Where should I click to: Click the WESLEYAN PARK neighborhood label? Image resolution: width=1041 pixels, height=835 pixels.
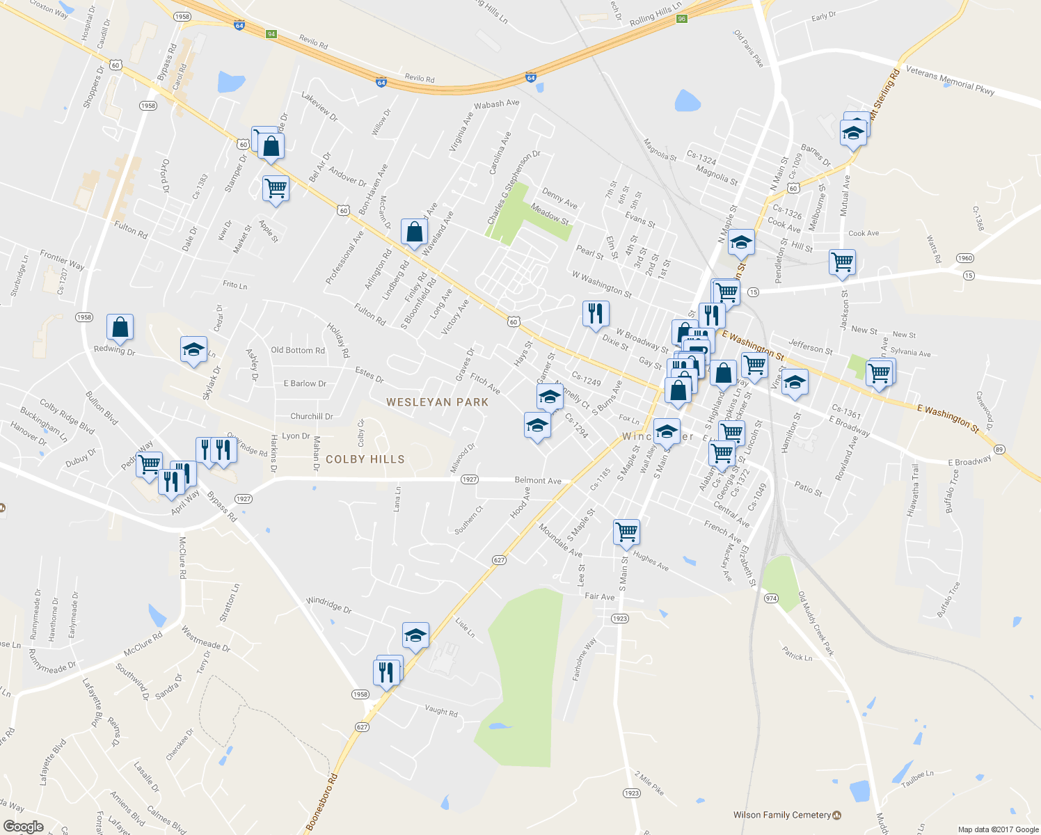click(437, 402)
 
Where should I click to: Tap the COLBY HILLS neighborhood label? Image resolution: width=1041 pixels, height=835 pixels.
click(365, 459)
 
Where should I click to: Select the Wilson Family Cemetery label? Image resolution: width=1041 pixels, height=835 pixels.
click(782, 815)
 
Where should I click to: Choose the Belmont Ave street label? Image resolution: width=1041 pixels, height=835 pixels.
click(538, 480)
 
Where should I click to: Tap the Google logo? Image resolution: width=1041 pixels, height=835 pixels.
click(24, 827)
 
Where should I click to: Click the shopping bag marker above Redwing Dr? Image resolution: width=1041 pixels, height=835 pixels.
click(120, 327)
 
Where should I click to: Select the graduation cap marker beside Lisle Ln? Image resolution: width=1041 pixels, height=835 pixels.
click(415, 635)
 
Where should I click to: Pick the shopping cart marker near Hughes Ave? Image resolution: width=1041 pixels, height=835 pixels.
click(626, 532)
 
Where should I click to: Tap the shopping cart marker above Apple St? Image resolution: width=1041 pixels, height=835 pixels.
click(276, 188)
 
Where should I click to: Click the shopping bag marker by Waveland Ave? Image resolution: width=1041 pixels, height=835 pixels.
click(414, 232)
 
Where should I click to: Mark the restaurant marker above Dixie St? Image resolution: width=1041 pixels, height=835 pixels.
click(595, 314)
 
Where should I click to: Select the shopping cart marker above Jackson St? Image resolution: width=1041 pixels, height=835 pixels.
click(842, 262)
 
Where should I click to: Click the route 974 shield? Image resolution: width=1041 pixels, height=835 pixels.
click(771, 598)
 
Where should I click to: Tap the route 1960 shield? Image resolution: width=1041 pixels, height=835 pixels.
click(964, 258)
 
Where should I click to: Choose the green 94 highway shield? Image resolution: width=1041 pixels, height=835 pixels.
click(271, 34)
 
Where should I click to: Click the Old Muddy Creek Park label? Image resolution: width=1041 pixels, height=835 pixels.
click(816, 623)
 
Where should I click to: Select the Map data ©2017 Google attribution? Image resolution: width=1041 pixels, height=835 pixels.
click(998, 829)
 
